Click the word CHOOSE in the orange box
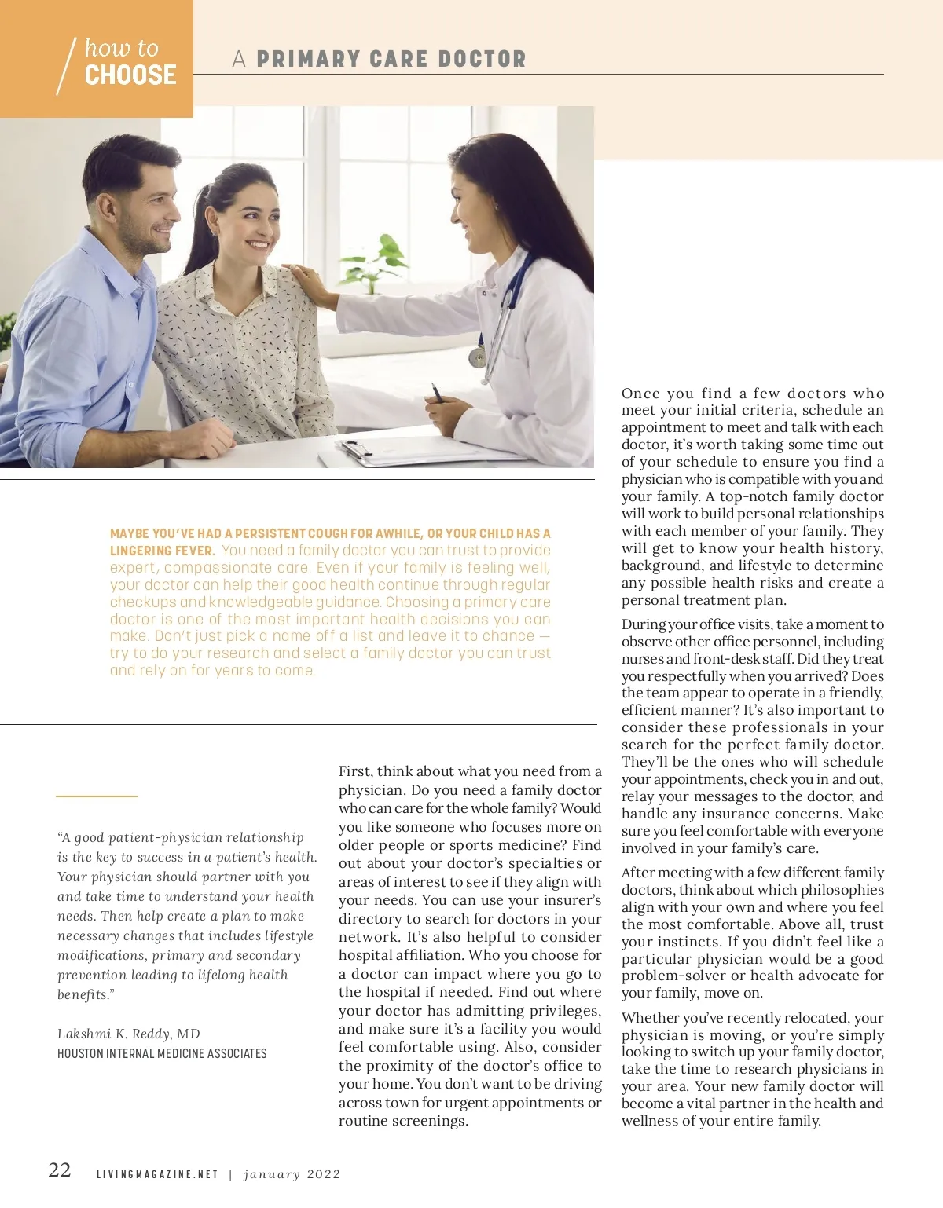[x=130, y=75]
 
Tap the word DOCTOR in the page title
[x=482, y=59]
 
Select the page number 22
[x=60, y=1170]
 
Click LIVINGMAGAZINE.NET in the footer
[x=157, y=1174]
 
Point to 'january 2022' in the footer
[x=292, y=1174]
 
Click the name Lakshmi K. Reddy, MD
[x=129, y=1034]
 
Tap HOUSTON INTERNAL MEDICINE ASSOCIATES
[x=162, y=1053]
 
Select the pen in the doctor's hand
[x=437, y=392]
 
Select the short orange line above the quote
[x=97, y=796]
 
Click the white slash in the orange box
[x=66, y=67]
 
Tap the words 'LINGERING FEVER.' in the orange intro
[x=162, y=551]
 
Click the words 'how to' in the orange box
[x=122, y=49]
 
